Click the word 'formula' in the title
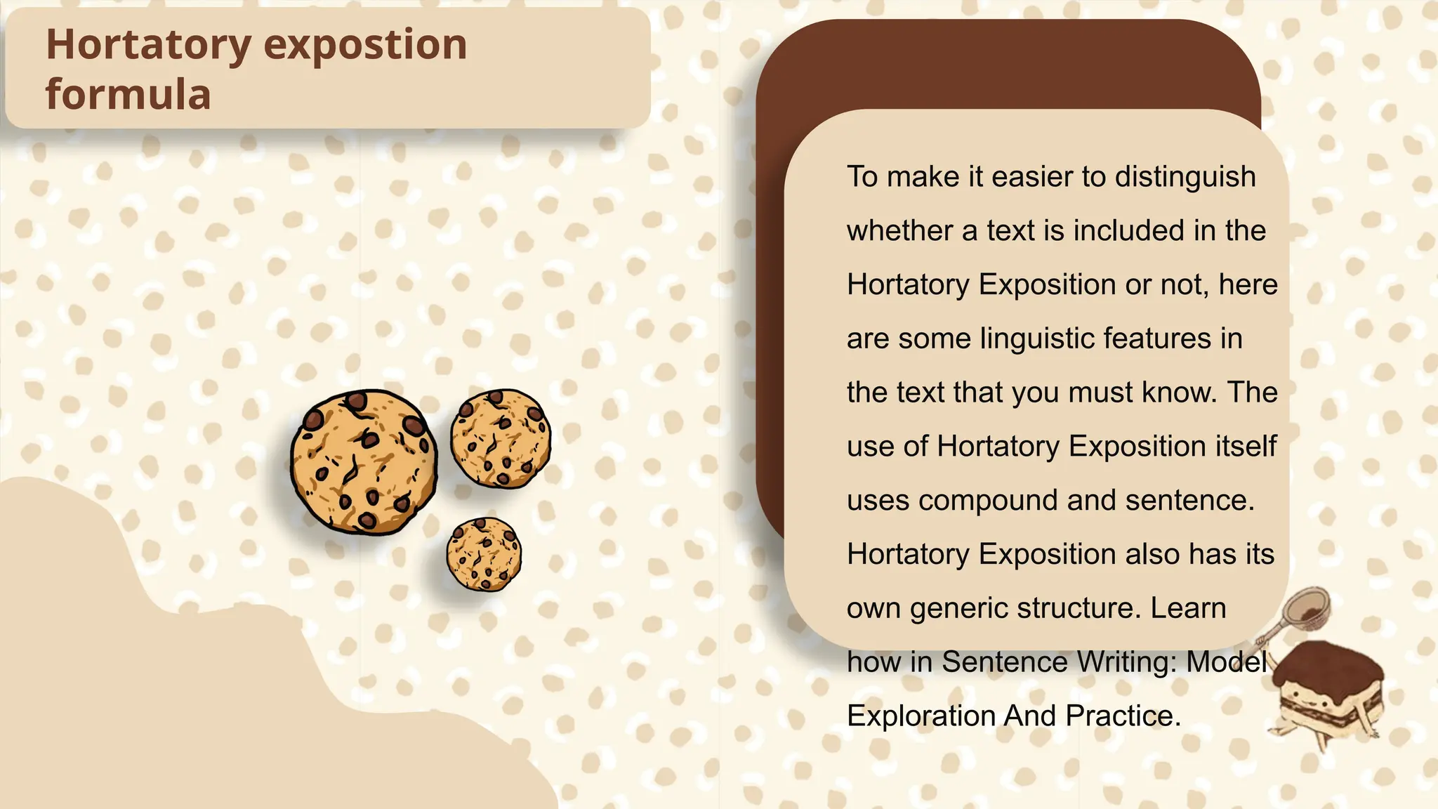pyautogui.click(x=128, y=95)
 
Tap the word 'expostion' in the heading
pyautogui.click(x=365, y=45)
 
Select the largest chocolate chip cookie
pyautogui.click(x=363, y=461)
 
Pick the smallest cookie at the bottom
pyautogui.click(x=484, y=554)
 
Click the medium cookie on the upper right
pyautogui.click(x=500, y=438)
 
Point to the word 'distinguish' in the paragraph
pyautogui.click(x=1185, y=177)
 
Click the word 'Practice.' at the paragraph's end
pyautogui.click(x=1123, y=716)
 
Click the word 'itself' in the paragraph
pyautogui.click(x=1245, y=447)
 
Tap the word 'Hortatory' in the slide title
pyautogui.click(x=148, y=45)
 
